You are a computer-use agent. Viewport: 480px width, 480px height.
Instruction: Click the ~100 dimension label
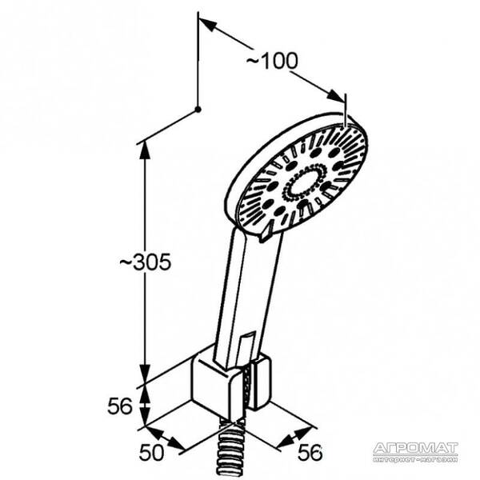click(x=271, y=61)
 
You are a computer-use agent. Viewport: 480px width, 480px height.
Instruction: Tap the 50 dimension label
click(x=152, y=452)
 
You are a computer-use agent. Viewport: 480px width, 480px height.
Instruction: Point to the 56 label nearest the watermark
click(x=310, y=453)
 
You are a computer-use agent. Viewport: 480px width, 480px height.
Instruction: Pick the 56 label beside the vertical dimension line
click(x=120, y=406)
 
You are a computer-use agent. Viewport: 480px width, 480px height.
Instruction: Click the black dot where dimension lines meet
click(x=197, y=108)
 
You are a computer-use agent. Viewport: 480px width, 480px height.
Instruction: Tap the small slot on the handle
click(x=247, y=341)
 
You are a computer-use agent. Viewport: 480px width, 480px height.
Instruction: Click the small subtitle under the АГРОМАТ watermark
click(x=416, y=459)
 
